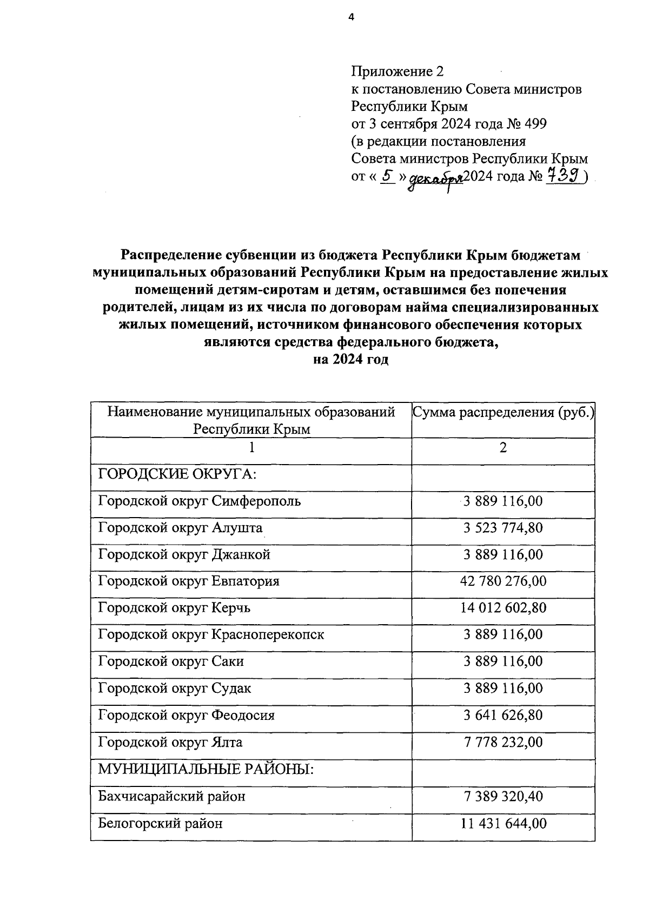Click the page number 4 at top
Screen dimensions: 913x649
click(351, 18)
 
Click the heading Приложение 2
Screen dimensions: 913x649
click(397, 71)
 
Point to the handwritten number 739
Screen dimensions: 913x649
click(564, 176)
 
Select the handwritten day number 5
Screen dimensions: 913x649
click(387, 175)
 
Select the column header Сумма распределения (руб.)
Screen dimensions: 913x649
click(503, 413)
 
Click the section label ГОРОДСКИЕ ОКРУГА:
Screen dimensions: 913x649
click(177, 474)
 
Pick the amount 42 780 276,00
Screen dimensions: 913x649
click(503, 581)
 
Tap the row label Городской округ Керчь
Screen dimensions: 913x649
click(174, 608)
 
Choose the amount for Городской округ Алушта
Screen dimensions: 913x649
click(503, 528)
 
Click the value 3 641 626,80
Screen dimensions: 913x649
click(503, 716)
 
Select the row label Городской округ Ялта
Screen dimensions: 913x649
click(170, 743)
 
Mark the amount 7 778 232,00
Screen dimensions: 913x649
click(503, 743)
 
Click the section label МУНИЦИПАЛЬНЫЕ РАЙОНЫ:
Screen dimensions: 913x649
click(206, 769)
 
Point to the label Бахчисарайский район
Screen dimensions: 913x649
click(171, 796)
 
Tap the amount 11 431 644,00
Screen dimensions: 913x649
click(503, 824)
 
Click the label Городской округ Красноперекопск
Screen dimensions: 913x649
click(211, 635)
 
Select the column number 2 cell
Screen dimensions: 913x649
click(503, 448)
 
